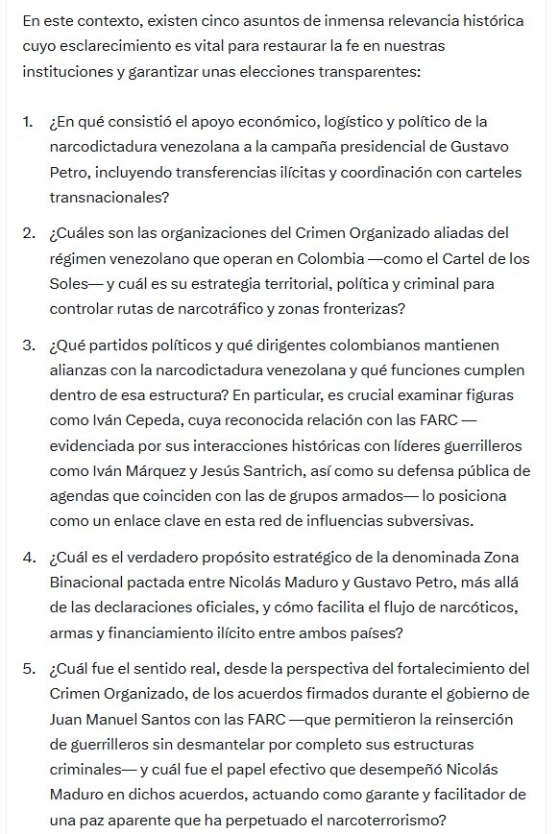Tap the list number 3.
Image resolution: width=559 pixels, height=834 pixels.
coord(27,345)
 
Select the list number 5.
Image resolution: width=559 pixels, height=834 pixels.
coord(27,668)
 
